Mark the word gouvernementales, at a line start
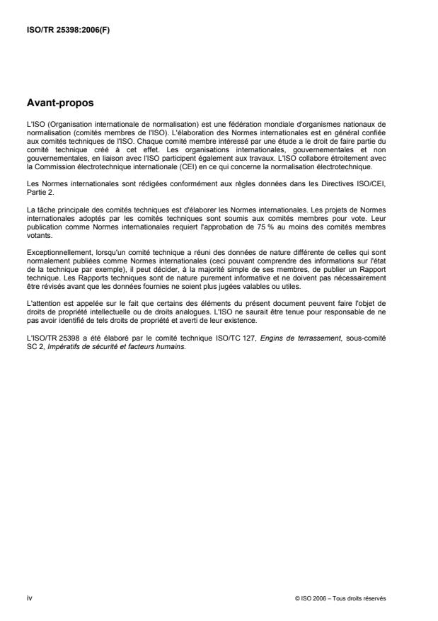pos(57,160)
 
